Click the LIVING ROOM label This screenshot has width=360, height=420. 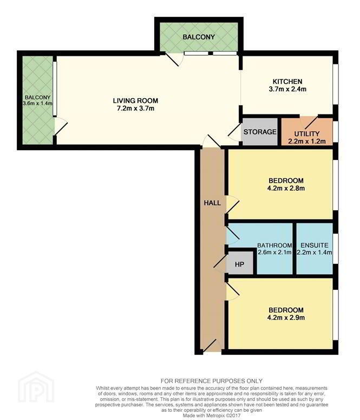(x=135, y=101)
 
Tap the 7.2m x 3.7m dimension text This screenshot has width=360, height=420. (x=135, y=108)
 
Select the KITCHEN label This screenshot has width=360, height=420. (x=287, y=81)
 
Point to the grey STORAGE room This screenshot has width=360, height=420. (x=260, y=132)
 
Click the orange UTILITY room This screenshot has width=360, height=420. (x=307, y=131)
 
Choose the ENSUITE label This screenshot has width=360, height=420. (x=315, y=245)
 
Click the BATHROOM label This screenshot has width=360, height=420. (x=274, y=245)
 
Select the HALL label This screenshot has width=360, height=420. (x=212, y=203)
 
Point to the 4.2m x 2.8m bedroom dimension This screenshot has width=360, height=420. (x=286, y=188)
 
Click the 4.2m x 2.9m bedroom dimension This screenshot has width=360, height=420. (x=286, y=318)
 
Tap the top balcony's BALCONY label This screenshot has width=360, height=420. (x=199, y=37)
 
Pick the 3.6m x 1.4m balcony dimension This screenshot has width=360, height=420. (x=37, y=103)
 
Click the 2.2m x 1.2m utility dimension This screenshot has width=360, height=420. (x=307, y=141)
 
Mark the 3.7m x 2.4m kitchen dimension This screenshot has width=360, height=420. (x=287, y=89)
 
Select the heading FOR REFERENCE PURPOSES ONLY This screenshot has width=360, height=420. (x=212, y=381)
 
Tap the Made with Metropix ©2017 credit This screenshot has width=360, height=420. (x=212, y=416)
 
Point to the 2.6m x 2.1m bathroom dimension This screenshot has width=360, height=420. (x=274, y=253)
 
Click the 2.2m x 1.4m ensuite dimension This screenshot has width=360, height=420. (x=315, y=253)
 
